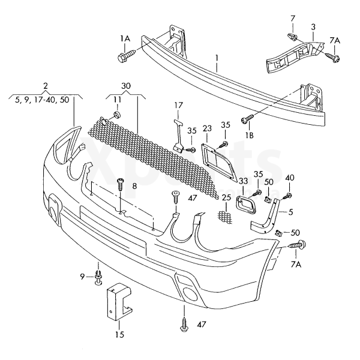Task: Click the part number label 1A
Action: pyautogui.click(x=125, y=38)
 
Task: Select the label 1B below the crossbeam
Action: pyautogui.click(x=249, y=135)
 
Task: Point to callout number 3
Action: pyautogui.click(x=313, y=27)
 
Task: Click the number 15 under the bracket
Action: pyautogui.click(x=119, y=335)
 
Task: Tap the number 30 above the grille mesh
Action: pyautogui.click(x=125, y=86)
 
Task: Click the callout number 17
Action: pyautogui.click(x=178, y=106)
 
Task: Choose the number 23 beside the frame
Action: pyautogui.click(x=208, y=128)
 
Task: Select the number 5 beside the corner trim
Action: pyautogui.click(x=290, y=211)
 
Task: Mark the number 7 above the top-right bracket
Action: pyautogui.click(x=293, y=19)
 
